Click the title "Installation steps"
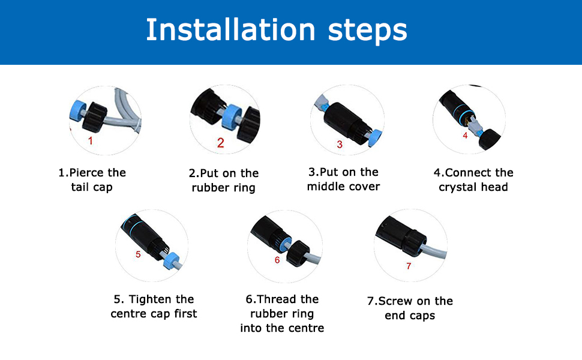point(277,30)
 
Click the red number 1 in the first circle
point(91,141)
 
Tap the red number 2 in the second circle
point(220,143)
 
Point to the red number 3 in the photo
point(340,144)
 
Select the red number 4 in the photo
point(465,136)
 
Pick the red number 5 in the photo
point(138,254)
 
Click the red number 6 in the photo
point(277,260)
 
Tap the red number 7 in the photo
point(409,266)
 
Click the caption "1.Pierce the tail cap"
point(92,180)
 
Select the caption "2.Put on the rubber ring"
point(223,181)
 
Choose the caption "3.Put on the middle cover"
point(343,179)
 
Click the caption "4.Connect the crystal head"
point(473,180)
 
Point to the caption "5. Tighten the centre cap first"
point(154,307)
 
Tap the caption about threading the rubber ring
point(282,313)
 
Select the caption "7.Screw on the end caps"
point(410,308)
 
